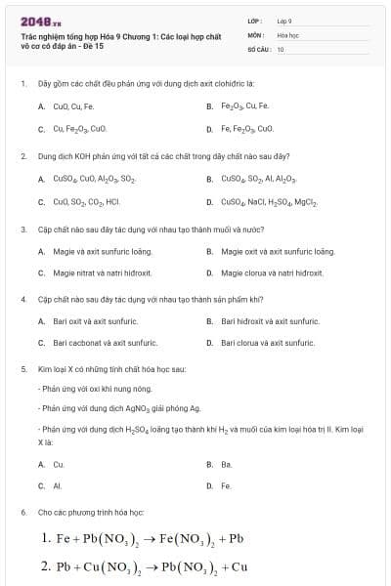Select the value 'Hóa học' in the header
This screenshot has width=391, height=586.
pos(286,34)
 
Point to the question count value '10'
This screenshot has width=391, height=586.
pos(281,48)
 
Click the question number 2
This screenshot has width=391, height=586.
pos(22,155)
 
